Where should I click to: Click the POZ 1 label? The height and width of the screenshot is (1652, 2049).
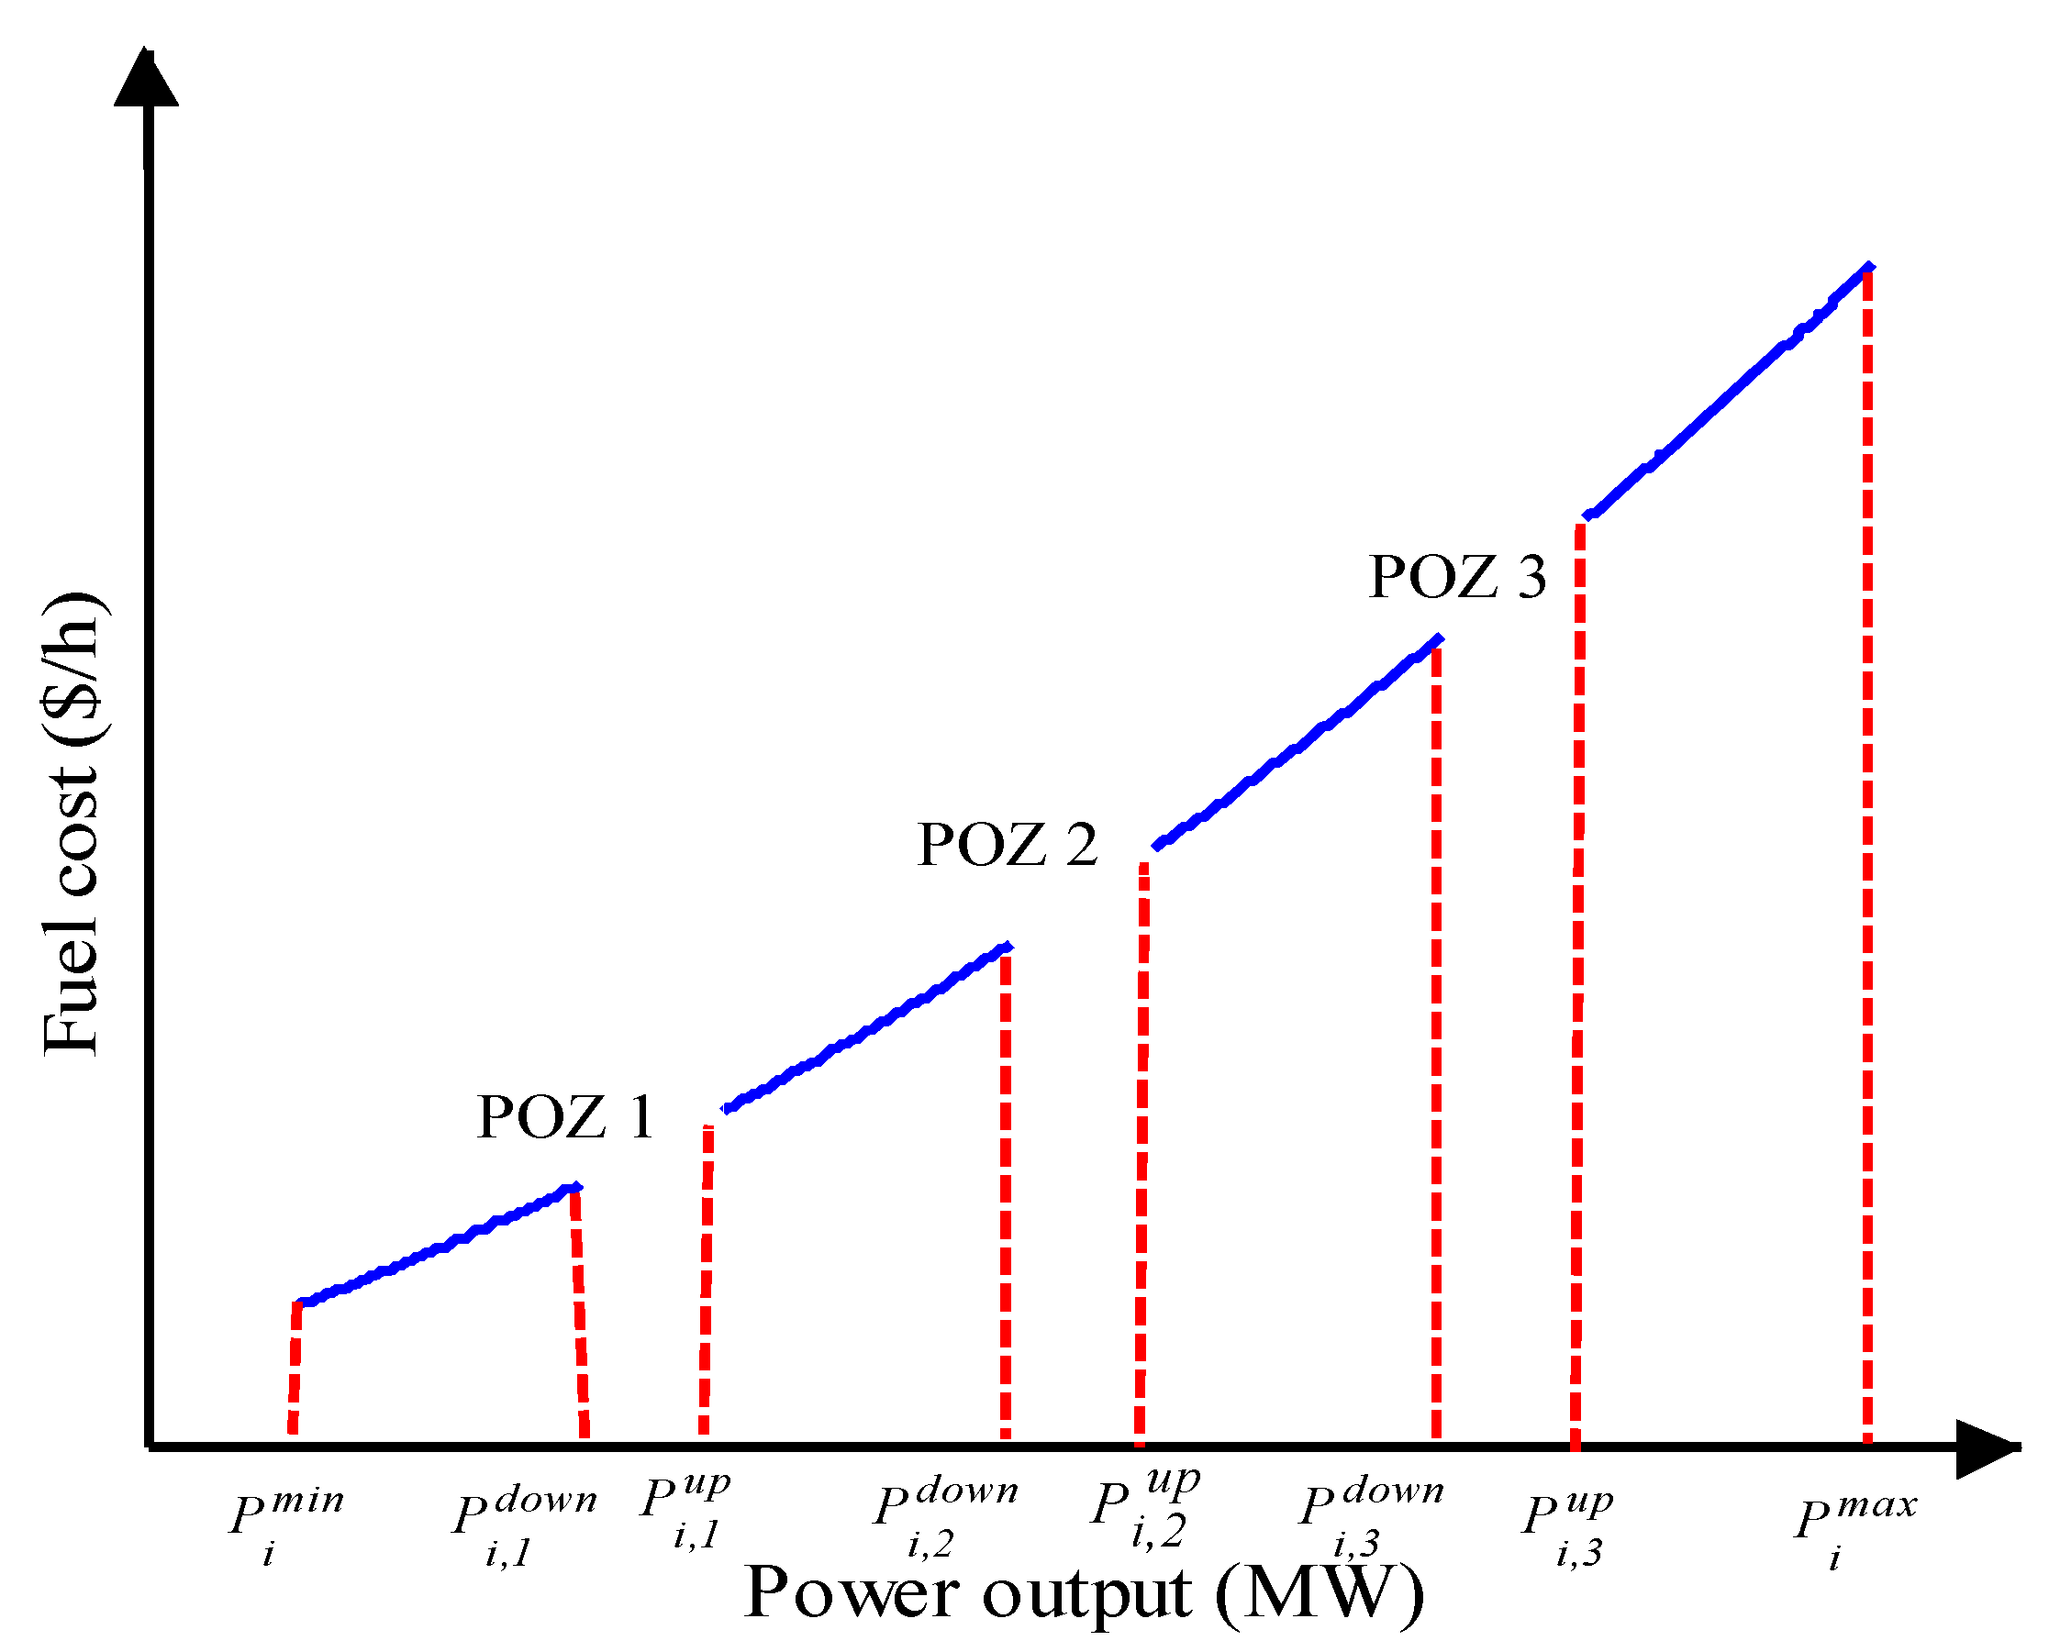click(565, 1117)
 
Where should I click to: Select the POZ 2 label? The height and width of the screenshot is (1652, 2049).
click(1007, 845)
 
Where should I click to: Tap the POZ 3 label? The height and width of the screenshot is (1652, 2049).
click(1457, 577)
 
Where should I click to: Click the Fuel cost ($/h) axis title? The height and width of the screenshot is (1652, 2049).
click(72, 824)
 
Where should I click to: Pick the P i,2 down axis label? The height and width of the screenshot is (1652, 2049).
click(945, 1513)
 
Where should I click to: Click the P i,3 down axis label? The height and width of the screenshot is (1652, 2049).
click(1371, 1513)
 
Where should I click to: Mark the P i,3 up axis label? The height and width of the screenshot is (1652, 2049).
click(1566, 1520)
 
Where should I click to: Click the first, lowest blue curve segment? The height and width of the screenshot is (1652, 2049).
click(438, 1247)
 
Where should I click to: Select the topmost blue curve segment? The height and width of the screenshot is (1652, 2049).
click(1727, 392)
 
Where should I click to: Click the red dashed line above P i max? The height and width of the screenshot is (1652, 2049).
click(1867, 857)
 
